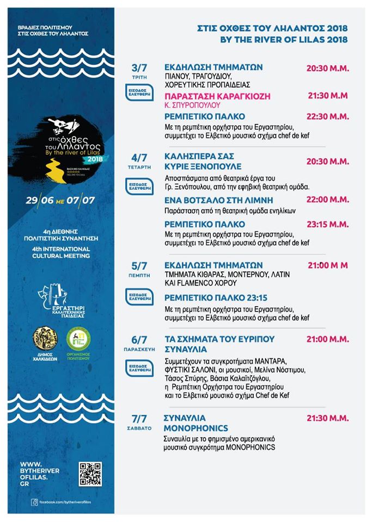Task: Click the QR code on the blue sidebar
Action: coord(90,473)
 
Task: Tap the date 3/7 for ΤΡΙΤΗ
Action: coord(139,68)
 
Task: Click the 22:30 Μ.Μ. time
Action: coord(328,116)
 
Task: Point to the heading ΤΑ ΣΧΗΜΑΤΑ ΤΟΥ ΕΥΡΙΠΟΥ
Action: coord(219,339)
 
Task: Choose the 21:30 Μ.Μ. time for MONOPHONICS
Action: coord(327,419)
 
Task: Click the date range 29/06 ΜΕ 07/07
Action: coord(60,200)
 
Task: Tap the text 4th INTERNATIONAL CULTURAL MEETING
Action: coord(60,251)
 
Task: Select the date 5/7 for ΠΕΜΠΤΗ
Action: coord(139,266)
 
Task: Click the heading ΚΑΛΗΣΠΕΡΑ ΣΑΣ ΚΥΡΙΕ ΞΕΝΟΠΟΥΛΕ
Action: coord(203,161)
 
